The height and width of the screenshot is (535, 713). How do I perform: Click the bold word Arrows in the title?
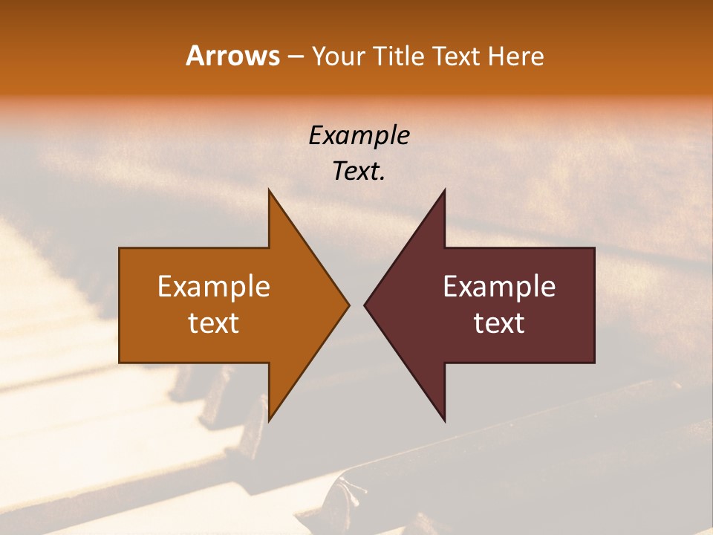(233, 56)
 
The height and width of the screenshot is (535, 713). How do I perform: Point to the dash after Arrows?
(295, 57)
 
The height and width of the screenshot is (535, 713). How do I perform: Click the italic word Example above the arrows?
(359, 135)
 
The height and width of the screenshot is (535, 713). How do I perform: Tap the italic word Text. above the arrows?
(359, 171)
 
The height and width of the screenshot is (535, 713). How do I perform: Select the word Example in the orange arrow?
(213, 287)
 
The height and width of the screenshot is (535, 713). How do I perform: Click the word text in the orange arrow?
(213, 323)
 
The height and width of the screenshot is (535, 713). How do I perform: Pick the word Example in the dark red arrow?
(499, 287)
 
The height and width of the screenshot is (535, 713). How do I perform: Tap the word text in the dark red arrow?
(499, 323)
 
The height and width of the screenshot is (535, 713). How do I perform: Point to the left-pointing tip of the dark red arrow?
(365, 305)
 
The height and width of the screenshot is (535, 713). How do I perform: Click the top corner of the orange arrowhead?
(270, 191)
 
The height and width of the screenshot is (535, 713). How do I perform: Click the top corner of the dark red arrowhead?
(443, 191)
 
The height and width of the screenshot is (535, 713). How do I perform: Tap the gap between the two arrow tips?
(356, 305)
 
